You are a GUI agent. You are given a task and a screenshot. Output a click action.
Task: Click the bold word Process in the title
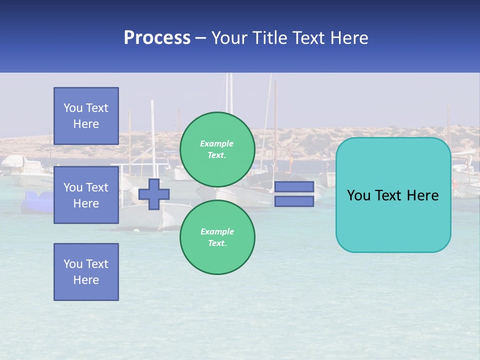point(157,37)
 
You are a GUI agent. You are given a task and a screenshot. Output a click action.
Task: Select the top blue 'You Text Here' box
point(86,116)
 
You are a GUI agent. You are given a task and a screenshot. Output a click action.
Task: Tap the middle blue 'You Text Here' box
point(86,195)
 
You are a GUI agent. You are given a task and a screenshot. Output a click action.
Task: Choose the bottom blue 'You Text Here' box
point(86,272)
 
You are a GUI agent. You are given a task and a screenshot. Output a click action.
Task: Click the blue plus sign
point(153,194)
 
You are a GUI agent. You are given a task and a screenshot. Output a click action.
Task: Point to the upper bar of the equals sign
point(294,186)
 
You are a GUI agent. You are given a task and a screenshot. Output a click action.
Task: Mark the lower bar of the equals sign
point(294,201)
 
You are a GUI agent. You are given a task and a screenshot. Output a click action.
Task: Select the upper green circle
point(217,149)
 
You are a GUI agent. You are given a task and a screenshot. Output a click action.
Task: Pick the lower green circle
point(217,237)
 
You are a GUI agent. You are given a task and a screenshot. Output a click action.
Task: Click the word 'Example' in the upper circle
point(216,143)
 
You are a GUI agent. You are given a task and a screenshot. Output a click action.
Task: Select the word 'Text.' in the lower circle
point(217,243)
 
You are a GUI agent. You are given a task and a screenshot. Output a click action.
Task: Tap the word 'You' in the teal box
point(359,195)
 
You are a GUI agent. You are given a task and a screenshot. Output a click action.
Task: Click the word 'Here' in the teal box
point(422,195)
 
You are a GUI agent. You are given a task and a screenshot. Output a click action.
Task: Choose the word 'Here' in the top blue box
point(86,124)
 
